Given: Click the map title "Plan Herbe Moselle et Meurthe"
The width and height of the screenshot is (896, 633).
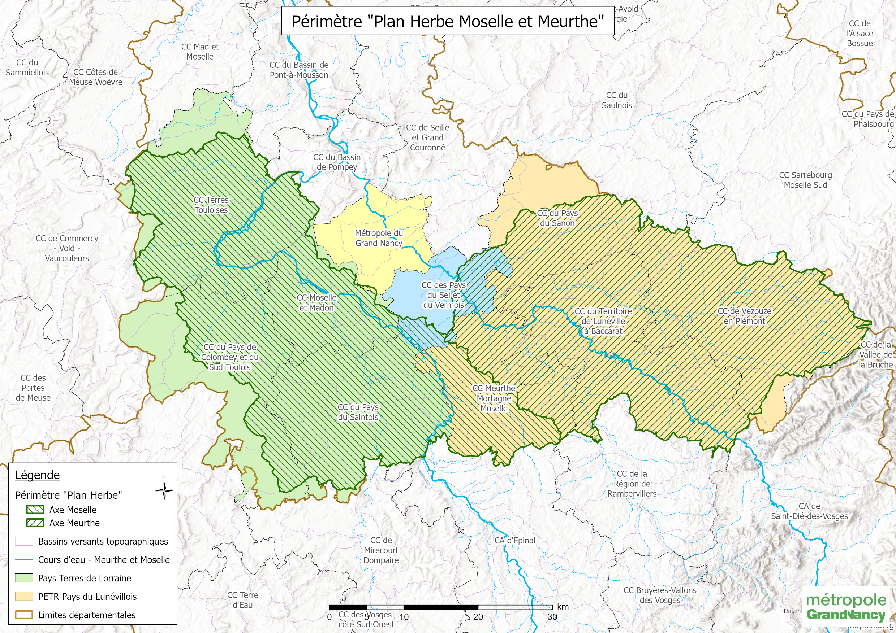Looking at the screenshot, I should coord(448,21).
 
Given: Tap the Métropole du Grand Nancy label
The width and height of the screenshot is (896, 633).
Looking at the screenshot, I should coord(379,238).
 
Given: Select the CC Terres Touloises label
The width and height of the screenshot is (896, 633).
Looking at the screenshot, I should coord(211,205).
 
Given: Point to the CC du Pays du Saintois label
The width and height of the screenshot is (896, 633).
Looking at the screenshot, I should coord(358,412).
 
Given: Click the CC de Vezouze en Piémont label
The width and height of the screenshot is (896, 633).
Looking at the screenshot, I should coord(744,316).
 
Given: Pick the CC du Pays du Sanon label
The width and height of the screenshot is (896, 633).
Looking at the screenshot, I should coord(557,218).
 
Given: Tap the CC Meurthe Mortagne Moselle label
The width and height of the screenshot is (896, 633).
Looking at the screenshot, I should coord(494,398).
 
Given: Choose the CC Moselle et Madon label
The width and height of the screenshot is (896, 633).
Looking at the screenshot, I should coord(316,303).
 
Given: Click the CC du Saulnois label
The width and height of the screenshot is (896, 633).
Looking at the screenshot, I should coord(617,100).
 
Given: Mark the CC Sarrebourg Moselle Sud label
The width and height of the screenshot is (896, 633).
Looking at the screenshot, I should coord(805,180).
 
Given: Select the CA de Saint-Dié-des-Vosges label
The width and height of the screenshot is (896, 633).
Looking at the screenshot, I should coord(809,511).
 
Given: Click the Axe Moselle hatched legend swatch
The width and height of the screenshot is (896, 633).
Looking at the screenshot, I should coord(35,510).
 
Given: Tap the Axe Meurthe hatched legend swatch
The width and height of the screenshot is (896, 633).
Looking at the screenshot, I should coord(35,523).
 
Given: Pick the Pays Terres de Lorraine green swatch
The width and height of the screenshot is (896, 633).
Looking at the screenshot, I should coord(23,578).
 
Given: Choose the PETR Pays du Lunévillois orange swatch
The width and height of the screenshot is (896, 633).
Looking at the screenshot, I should coord(23,596).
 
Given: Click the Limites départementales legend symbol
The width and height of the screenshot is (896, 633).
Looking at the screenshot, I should coord(23,615).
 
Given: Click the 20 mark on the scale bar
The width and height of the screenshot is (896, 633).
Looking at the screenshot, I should coord(478,617).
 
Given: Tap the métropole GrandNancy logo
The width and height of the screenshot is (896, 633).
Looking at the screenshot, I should coord(846,607).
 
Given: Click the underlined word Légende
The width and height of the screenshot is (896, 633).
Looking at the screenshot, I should coord(38,475).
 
